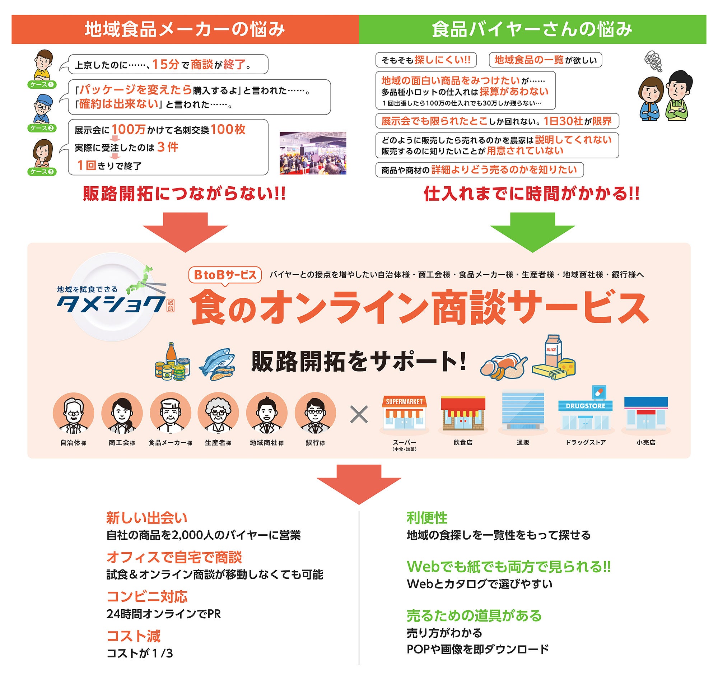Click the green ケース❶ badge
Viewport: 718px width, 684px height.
pyautogui.click(x=42, y=85)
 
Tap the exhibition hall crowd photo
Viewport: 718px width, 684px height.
pyautogui.click(x=313, y=153)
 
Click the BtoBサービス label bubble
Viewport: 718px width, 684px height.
pyautogui.click(x=225, y=275)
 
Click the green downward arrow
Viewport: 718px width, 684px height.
pyautogui.click(x=532, y=232)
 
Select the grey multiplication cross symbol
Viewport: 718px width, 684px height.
pyautogui.click(x=359, y=415)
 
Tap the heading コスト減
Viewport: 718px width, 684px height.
pyautogui.click(x=134, y=636)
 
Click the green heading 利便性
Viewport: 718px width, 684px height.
pyautogui.click(x=427, y=518)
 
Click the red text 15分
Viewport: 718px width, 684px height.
pyautogui.click(x=166, y=65)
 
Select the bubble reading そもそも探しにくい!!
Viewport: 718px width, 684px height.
pyautogui.click(x=426, y=60)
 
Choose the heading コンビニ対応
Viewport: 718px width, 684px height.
pyautogui.click(x=147, y=596)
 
